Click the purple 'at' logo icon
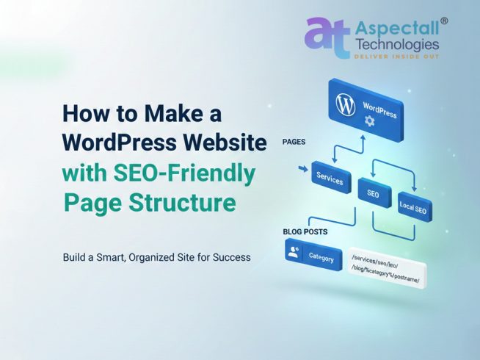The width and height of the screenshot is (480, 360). (327, 37)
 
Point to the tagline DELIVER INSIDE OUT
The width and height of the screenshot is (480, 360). (396, 56)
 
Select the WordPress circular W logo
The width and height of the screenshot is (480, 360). (345, 104)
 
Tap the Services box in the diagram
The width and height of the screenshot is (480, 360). (330, 177)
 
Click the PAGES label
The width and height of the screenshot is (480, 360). (294, 142)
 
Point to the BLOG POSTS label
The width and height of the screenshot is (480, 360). (305, 231)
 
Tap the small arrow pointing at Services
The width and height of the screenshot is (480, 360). (303, 170)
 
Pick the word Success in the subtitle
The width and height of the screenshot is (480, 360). (230, 258)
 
